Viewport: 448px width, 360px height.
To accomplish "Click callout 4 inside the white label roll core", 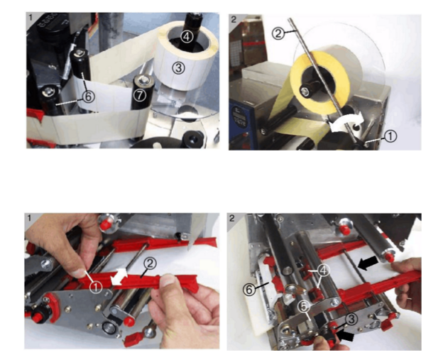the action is tap(186, 37).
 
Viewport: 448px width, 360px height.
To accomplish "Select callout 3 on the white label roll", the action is tap(179, 68).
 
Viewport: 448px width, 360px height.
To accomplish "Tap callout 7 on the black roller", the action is tap(140, 95).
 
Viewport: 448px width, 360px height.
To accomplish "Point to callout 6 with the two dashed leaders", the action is tap(88, 97).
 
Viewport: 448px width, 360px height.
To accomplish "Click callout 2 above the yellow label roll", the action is tap(278, 33).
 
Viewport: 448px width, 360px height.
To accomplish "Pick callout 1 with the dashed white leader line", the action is tap(390, 136).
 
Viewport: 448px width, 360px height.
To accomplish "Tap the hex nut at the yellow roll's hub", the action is tap(305, 92).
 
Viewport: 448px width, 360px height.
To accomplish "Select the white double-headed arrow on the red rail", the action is tap(119, 276).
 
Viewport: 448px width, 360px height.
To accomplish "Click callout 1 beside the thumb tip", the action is tap(96, 287).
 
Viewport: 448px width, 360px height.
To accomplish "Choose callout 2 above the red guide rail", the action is tap(151, 263).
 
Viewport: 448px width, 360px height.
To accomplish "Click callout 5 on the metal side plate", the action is tap(304, 307).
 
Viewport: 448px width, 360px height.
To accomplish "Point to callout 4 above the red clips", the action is tap(323, 270).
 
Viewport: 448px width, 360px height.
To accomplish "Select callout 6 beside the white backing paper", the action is tap(249, 290).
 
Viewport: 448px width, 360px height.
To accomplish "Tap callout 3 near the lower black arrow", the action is tap(351, 319).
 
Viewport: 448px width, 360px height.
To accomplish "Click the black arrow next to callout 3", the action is tap(346, 336).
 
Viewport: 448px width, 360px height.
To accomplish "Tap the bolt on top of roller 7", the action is tap(145, 80).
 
